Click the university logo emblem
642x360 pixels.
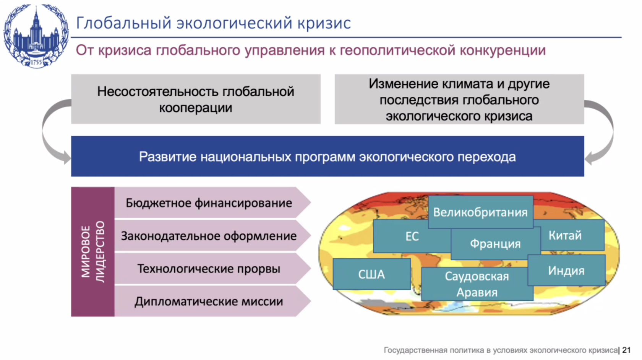36,36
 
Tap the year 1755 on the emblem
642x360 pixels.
36,62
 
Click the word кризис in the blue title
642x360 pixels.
324,23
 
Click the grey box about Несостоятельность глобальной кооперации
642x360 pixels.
196,99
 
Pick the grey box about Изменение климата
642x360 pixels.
459,99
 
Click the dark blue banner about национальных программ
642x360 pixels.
327,156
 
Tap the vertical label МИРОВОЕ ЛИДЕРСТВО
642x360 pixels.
93,251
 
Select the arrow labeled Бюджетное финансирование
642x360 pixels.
212,203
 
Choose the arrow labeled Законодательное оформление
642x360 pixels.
212,235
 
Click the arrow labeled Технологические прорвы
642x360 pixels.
212,269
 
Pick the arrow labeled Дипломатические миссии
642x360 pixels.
212,301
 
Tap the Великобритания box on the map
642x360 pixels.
480,212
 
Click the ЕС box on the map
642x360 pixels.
412,236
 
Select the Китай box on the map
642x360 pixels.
572,235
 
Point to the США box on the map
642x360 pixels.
371,274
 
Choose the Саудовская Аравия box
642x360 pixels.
477,284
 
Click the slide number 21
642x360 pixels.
626,350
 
